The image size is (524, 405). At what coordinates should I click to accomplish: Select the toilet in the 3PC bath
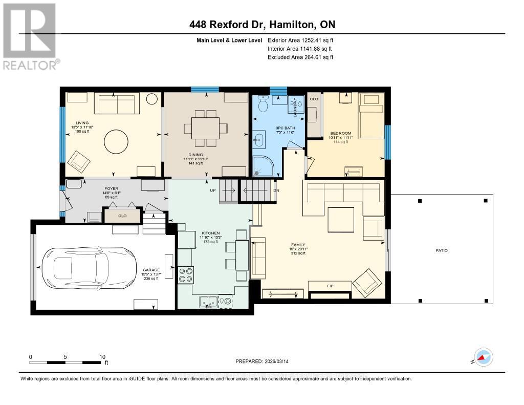click(x=263, y=104)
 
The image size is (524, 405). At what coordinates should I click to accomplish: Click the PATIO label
click(x=442, y=250)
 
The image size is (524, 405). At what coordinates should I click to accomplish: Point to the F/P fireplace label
click(x=330, y=286)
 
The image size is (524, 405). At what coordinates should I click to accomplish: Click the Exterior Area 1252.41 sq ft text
click(x=300, y=40)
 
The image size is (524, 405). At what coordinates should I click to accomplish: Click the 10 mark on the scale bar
click(x=102, y=357)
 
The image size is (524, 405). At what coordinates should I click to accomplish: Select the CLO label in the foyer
click(x=122, y=216)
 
